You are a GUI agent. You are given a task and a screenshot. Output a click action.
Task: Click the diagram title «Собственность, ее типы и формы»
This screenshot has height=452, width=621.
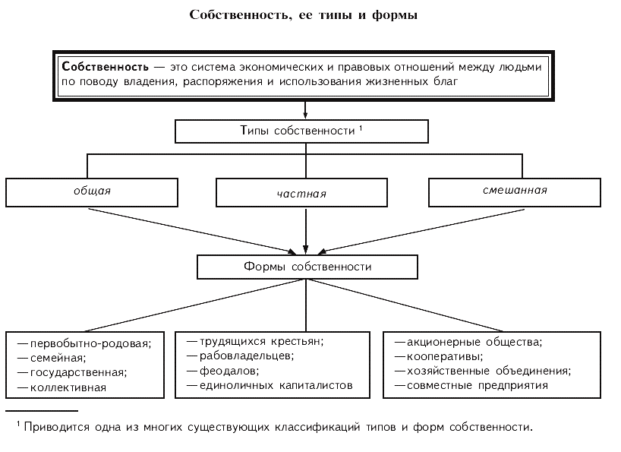304,15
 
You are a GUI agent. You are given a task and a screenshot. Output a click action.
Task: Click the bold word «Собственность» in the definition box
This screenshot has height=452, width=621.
101,66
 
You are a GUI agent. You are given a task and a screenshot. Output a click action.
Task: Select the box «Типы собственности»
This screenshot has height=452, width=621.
302,131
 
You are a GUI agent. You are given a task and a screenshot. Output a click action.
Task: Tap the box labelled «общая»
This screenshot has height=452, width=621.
92,191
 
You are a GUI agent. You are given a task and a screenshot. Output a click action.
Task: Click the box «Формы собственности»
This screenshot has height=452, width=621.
307,267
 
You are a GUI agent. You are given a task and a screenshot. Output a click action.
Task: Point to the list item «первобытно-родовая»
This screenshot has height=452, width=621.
90,343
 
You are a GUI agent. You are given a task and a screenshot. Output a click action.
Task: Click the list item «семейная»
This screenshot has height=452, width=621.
58,357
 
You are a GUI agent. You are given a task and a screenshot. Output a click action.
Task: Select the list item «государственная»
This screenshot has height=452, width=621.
77,372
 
